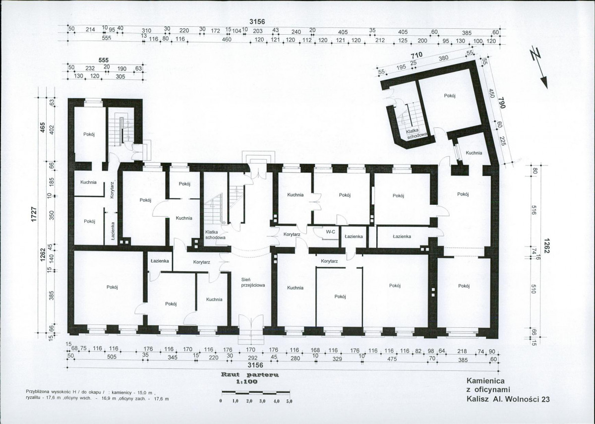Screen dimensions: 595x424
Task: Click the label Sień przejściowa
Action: pyautogui.click(x=253, y=282)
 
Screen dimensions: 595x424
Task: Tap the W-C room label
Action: pyautogui.click(x=330, y=232)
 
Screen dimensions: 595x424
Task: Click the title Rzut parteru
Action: pyautogui.click(x=250, y=375)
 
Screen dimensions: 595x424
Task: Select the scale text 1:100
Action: pyautogui.click(x=247, y=382)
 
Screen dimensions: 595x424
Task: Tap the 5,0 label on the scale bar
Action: pyautogui.click(x=289, y=401)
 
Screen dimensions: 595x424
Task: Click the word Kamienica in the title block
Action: pyautogui.click(x=485, y=381)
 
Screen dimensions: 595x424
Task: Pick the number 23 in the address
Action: pyautogui.click(x=545, y=399)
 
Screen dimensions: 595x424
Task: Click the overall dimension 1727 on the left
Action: pyautogui.click(x=35, y=215)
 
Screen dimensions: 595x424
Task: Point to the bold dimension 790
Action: pyautogui.click(x=501, y=103)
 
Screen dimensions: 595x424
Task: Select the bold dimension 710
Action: pyautogui.click(x=417, y=56)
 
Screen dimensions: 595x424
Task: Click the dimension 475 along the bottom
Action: pyautogui.click(x=392, y=359)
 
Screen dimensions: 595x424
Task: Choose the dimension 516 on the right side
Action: pyautogui.click(x=535, y=210)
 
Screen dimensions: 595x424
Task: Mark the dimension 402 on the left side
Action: pyautogui.click(x=52, y=129)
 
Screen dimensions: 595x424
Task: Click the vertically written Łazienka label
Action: pyautogui.click(x=113, y=231)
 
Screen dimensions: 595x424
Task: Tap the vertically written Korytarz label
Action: pyautogui.click(x=112, y=190)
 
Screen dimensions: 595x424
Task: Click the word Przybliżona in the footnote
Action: pyautogui.click(x=37, y=391)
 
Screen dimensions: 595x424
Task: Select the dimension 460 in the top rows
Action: pyautogui.click(x=226, y=40)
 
